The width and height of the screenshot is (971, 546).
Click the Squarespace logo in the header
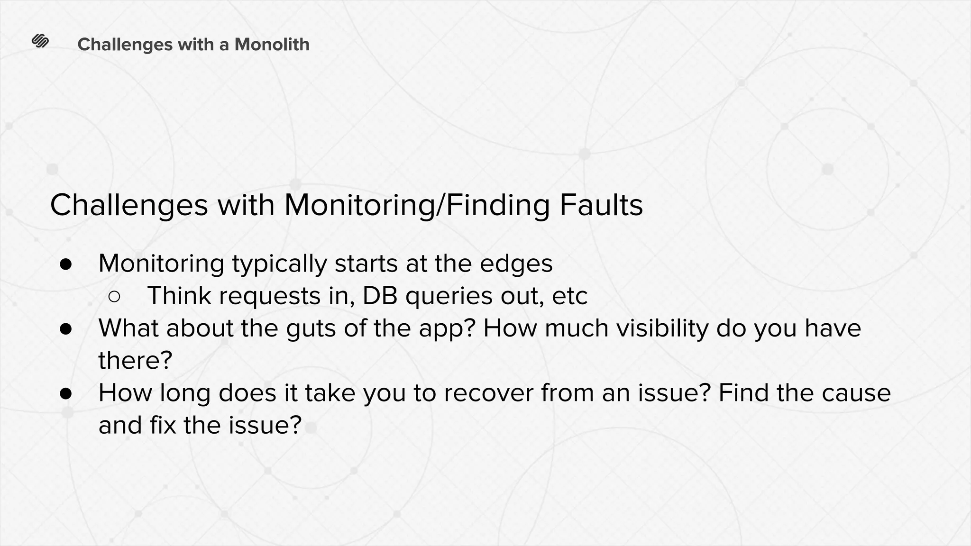coord(40,42)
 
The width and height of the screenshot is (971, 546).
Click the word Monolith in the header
coord(272,45)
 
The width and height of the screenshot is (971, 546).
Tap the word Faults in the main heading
coord(601,205)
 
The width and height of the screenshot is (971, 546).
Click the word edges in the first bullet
coord(516,264)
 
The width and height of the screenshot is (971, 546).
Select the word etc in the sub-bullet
coord(569,297)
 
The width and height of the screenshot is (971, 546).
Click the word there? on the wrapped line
coord(135,360)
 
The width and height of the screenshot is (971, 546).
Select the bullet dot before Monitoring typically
coord(66,265)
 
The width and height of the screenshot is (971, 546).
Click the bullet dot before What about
coord(66,329)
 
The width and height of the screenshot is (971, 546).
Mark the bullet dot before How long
coord(66,393)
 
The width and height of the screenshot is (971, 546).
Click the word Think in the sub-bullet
coord(179,296)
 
